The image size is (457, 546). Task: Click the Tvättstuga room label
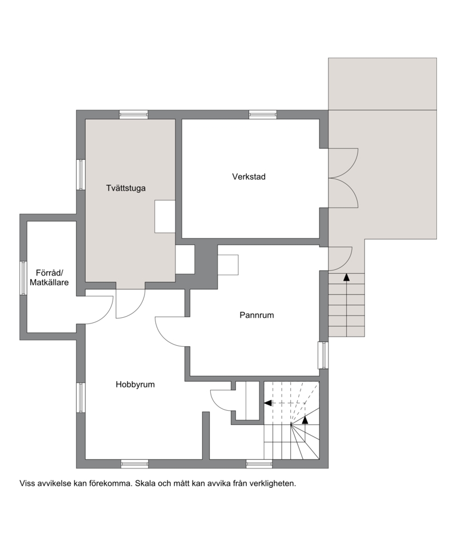126,188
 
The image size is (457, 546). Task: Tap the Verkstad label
249,176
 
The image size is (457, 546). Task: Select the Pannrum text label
256,315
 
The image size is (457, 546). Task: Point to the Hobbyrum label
135,385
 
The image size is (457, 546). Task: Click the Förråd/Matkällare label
49,277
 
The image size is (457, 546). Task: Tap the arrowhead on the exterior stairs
346,277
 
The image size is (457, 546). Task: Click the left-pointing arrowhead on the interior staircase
268,403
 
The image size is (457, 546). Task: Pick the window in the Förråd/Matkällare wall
23,278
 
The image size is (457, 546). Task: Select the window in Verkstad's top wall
262,115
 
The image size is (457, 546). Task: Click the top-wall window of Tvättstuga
134,115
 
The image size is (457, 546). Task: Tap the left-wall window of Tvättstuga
81,175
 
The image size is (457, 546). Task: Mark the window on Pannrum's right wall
323,355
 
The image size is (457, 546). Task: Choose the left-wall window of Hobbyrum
81,398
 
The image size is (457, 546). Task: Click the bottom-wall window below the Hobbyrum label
135,464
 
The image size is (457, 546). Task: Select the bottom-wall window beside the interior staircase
259,464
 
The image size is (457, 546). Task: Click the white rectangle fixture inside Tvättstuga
165,217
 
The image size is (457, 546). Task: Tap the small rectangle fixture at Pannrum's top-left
228,265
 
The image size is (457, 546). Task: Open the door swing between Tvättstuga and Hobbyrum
130,304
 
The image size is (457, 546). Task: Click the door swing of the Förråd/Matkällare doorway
99,310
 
